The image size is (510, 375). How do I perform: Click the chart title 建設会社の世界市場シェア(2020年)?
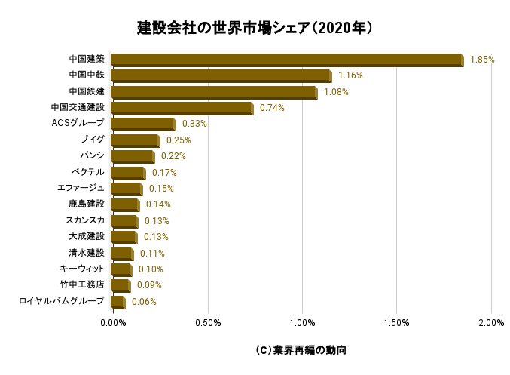[x=255, y=28]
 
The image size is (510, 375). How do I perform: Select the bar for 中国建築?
[x=286, y=60]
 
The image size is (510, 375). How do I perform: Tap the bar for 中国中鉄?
[x=220, y=76]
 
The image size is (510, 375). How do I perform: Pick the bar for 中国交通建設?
[x=181, y=109]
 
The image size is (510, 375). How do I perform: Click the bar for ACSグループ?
[x=142, y=124]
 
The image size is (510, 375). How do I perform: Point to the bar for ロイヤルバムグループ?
[x=117, y=303]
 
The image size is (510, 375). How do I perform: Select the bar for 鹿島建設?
[x=124, y=205]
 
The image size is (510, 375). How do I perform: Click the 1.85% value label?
[x=482, y=60]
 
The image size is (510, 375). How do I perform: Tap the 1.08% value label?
[x=336, y=92]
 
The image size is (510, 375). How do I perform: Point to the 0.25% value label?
[x=179, y=140]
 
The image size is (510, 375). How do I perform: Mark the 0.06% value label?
[x=144, y=302]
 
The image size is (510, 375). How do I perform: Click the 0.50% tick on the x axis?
[x=207, y=324]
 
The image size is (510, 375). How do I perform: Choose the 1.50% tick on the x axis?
[x=396, y=324]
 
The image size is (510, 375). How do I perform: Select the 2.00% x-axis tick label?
[x=491, y=324]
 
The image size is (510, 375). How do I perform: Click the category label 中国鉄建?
[x=86, y=91]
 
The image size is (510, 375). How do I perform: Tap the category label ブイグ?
[x=92, y=140]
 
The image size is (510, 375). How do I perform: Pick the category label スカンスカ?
[x=85, y=220]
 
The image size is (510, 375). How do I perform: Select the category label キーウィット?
[x=81, y=269]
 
